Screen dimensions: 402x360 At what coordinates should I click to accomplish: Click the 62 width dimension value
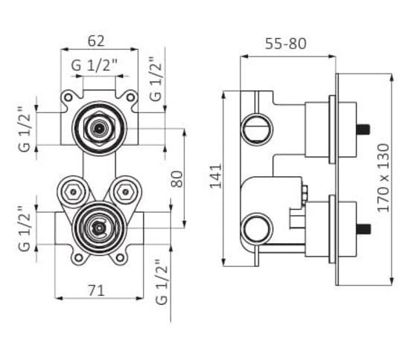(96, 41)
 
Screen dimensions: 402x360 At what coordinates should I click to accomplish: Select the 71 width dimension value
(96, 291)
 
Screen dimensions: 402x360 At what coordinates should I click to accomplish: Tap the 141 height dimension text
(216, 176)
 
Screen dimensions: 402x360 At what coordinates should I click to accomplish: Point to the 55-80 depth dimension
(286, 44)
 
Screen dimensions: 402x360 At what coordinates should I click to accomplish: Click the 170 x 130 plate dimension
(383, 178)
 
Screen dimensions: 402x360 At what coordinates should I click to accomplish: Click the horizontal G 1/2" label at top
(94, 65)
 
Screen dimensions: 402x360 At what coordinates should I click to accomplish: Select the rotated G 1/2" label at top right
(156, 79)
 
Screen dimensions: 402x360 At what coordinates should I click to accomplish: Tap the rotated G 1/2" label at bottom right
(162, 282)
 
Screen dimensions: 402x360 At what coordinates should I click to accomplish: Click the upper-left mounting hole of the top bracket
(68, 97)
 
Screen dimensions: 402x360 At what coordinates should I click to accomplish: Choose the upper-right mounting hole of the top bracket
(131, 97)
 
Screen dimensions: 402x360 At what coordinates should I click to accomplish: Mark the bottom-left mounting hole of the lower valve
(79, 257)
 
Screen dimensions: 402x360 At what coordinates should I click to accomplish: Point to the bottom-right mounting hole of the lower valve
(120, 257)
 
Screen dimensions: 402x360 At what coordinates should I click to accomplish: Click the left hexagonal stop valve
(73, 192)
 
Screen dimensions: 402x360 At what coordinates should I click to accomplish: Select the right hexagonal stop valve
(125, 192)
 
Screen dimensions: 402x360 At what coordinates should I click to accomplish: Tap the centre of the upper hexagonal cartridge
(99, 129)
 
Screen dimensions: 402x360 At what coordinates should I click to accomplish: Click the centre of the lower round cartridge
(99, 228)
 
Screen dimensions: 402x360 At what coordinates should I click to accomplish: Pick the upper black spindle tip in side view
(363, 129)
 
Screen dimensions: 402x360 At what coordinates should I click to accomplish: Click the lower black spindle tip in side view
(363, 229)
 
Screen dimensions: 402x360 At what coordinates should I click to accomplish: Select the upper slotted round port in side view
(257, 129)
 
